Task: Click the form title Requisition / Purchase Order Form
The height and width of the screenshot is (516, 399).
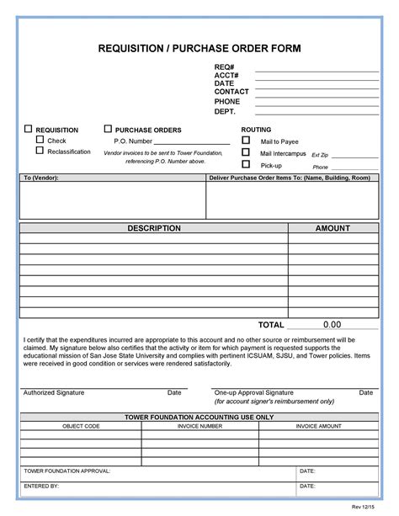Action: [199, 48]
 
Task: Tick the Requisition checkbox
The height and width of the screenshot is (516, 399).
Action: [28, 129]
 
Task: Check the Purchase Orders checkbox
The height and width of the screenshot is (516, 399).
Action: [108, 129]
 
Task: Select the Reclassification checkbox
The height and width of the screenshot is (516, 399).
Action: [39, 152]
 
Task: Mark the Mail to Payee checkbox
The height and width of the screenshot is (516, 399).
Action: [246, 141]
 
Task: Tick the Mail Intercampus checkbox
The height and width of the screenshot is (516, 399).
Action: [246, 153]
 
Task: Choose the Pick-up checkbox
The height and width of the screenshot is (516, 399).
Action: [246, 165]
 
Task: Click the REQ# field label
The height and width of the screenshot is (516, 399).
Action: [224, 66]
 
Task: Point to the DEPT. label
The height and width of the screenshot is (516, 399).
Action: [225, 111]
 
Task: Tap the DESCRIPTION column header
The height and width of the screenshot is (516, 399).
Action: [154, 228]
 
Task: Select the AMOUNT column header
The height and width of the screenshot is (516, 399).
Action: [332, 228]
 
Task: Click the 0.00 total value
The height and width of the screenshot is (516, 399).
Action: [332, 324]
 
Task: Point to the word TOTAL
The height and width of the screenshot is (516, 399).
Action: [271, 324]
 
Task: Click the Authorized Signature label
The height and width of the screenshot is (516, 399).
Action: [53, 393]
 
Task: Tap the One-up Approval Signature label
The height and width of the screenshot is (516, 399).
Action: [253, 393]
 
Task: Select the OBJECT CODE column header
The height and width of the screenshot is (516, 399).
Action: [81, 427]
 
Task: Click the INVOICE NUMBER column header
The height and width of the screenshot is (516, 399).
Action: [199, 427]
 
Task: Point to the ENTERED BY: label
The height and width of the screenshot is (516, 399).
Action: [41, 487]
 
